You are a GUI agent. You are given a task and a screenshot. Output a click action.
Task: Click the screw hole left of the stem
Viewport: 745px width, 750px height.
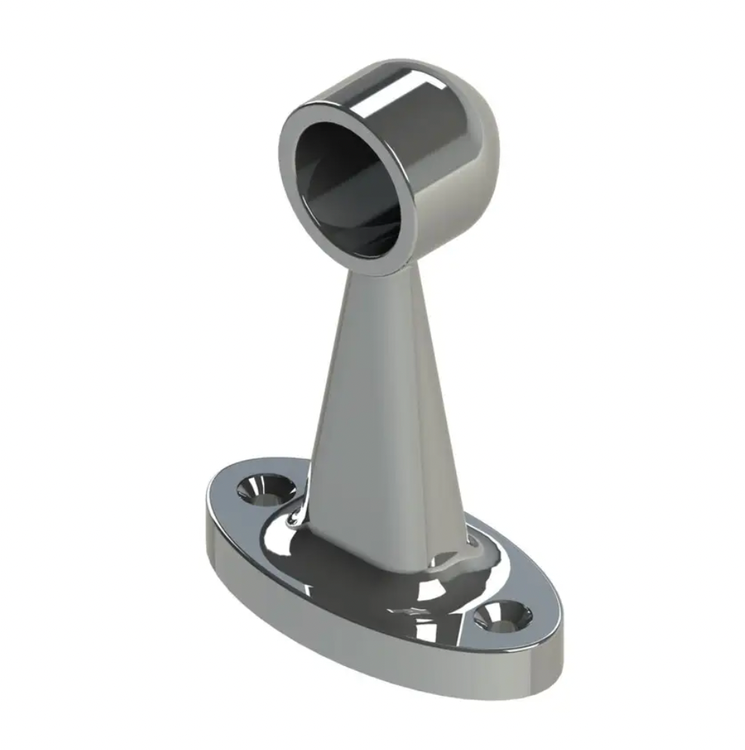point(265,491)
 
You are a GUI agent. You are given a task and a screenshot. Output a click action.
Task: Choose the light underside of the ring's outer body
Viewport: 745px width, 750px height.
point(445,226)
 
